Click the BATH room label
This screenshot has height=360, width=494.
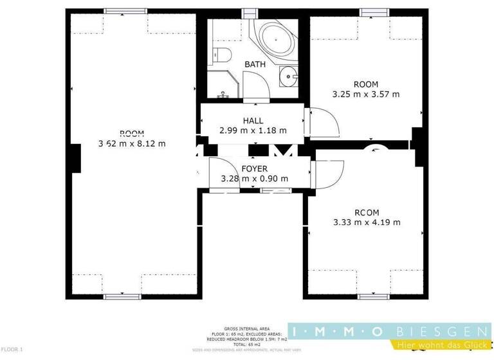pos(254,64)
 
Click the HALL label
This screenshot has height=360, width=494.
pos(253,120)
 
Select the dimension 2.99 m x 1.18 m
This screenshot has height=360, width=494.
pos(253,130)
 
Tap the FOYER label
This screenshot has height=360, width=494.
pos(254,169)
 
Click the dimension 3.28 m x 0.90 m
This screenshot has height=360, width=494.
pos(254,179)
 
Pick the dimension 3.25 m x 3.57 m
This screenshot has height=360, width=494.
pos(365,94)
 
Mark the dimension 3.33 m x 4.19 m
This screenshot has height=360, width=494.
pos(367,222)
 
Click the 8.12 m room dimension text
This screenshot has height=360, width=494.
pos(131,143)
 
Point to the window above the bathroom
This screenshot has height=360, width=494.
pos(248,12)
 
